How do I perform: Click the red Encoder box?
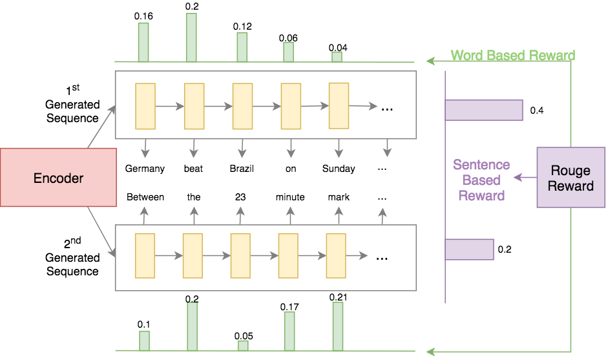point(58,178)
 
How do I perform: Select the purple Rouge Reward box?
point(570,178)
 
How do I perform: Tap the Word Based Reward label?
point(512,56)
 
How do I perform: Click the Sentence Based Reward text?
point(481,180)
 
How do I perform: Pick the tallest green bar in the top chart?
point(191,37)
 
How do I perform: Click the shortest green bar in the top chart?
point(337,57)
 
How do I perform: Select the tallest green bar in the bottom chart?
point(338,326)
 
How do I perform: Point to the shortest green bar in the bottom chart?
point(243,345)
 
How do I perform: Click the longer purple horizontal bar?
point(484,110)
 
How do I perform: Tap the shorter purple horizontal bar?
point(470,249)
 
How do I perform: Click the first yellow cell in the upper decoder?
point(145,106)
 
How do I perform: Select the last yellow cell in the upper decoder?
point(339,106)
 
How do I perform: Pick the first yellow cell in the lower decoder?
point(145,255)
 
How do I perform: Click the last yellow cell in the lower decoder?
point(336,255)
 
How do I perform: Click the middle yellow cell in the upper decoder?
point(242,106)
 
